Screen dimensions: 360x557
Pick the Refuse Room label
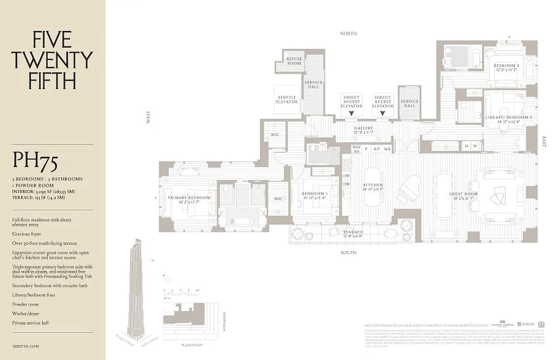pos(294,61)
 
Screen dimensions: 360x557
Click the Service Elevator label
pos(287,99)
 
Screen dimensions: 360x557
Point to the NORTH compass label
pos(348,34)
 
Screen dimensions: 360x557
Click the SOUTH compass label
pos(348,252)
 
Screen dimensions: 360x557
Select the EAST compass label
pos(544,142)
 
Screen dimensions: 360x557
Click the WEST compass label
pos(148,118)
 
